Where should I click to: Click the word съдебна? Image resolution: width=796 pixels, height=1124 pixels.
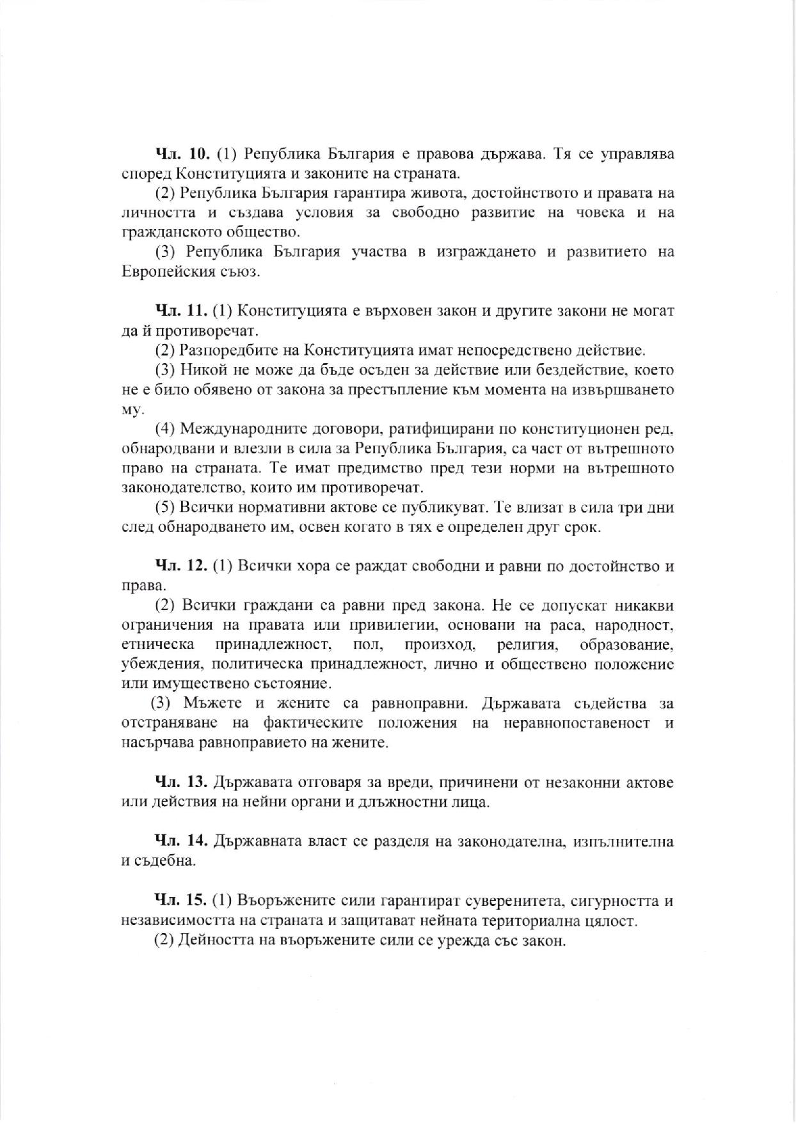pos(164,861)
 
